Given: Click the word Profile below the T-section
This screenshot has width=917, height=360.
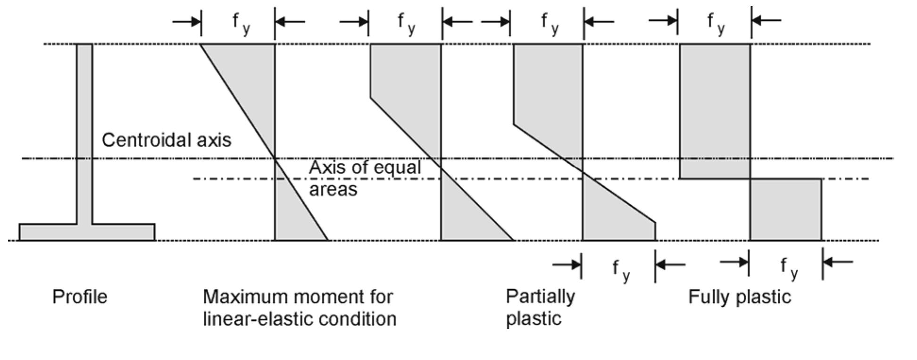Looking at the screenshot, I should [79, 297].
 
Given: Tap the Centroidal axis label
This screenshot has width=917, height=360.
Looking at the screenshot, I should [166, 140].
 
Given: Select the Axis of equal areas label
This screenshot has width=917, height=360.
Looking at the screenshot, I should [364, 178].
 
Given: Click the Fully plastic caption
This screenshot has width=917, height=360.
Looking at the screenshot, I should [739, 297].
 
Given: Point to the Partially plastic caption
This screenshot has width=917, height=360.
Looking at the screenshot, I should [540, 307].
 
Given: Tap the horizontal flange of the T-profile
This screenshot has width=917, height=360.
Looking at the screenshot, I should [87, 232].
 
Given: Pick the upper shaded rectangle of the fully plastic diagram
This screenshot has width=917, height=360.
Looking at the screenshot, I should [714, 109].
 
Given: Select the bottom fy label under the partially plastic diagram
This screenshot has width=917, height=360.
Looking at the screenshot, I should [620, 269].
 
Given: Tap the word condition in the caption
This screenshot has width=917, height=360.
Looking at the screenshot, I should [363, 319].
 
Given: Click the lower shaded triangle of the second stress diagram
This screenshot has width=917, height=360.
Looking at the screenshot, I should [467, 217].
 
